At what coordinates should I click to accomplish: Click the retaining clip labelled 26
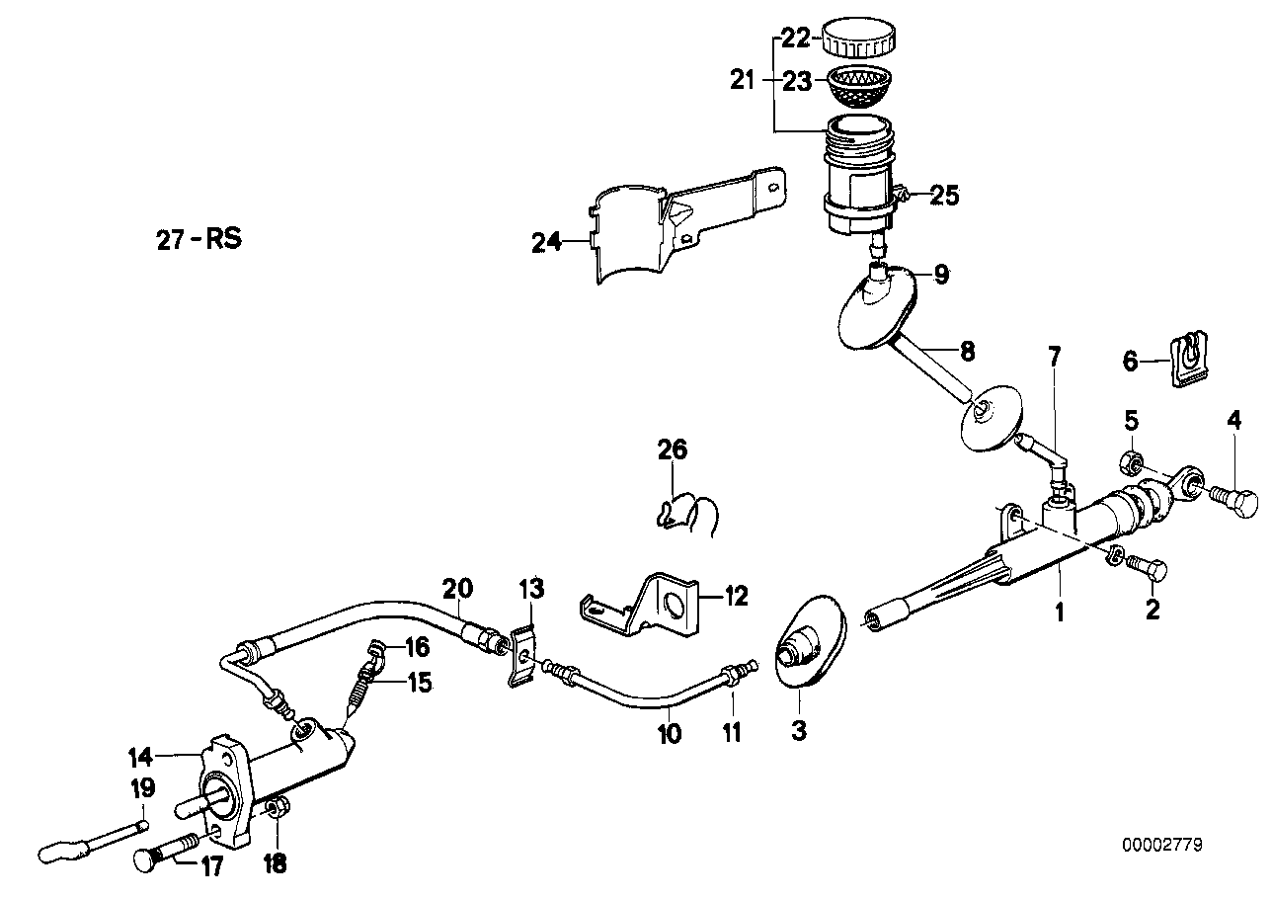coord(688,515)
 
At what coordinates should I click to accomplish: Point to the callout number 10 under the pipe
coord(670,734)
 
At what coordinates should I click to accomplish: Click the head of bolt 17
coord(144,860)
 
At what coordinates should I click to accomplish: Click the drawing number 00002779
coord(1162,846)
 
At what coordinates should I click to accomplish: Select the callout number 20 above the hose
coord(456,590)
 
